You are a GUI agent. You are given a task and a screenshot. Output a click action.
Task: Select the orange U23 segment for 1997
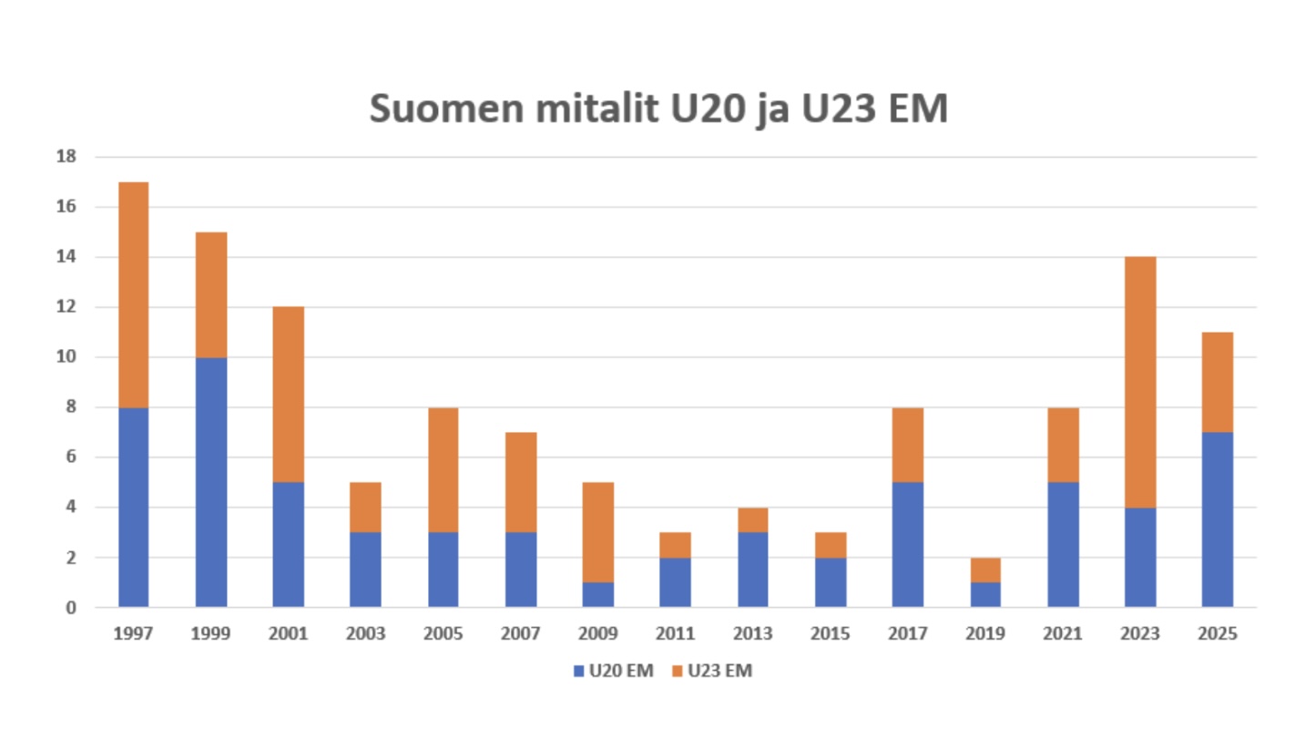134,294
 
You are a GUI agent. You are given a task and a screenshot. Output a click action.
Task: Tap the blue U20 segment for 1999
211,481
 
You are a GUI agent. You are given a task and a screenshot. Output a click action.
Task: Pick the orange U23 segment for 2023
1140,382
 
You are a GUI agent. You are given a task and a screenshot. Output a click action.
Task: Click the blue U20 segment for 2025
1218,519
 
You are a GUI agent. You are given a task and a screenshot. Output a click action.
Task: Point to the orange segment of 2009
598,531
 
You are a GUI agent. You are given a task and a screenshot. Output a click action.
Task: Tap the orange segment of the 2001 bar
289,394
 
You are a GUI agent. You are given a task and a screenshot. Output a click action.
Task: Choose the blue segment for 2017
908,544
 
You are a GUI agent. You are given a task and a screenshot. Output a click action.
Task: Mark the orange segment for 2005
443,469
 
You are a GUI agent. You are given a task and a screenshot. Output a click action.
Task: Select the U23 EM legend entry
712,672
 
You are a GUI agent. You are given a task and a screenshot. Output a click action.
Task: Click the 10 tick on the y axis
65,357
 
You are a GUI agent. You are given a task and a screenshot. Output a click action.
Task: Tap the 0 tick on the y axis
69,607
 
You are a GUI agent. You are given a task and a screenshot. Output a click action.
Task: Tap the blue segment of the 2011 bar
676,581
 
